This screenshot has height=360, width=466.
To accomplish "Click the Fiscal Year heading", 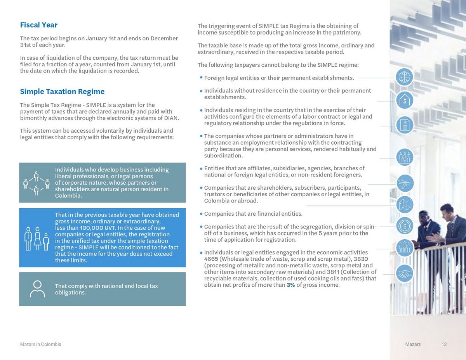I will [39, 25].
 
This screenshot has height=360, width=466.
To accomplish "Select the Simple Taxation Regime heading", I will [62, 92].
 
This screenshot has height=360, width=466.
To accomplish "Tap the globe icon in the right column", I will [404, 77].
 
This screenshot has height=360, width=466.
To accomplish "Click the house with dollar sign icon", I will [405, 100].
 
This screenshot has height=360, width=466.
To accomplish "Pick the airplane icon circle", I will [405, 183].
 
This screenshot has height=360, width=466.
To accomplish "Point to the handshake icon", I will [405, 273].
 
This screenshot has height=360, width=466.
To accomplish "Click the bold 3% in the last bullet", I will [291, 285].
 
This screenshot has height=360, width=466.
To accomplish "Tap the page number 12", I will [444, 344].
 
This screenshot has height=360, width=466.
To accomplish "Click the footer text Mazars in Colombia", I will [40, 344].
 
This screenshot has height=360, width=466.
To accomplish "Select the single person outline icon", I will [37, 289].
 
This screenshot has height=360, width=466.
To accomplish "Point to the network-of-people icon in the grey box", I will [37, 182].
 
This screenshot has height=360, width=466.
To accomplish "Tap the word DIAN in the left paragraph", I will [171, 118].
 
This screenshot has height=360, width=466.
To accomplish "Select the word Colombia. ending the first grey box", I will [68, 196].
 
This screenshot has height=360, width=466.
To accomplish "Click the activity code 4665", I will [211, 259].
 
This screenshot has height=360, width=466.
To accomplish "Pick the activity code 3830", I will [361, 259].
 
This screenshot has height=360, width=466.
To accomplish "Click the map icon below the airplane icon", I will [405, 204].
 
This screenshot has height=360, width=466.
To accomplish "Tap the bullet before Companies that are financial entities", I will [201, 214].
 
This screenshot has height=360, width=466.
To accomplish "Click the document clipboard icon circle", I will [405, 125].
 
